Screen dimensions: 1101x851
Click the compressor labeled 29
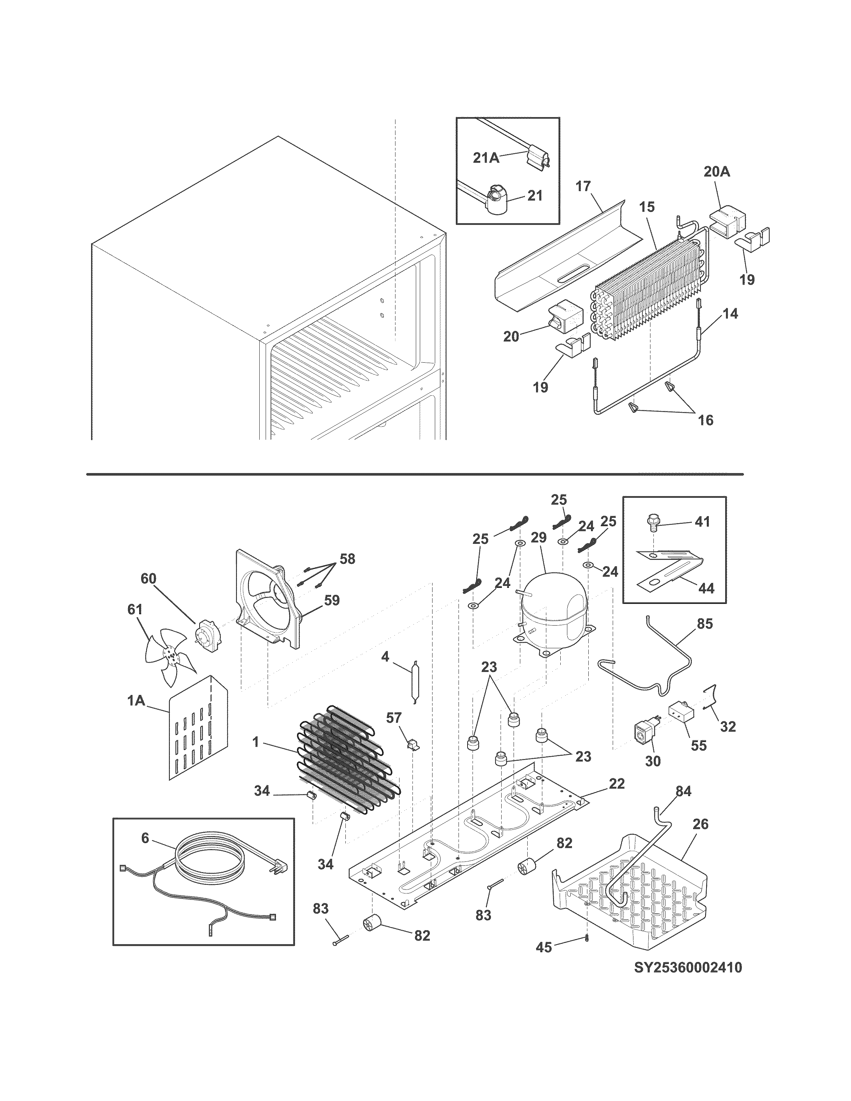click(555, 610)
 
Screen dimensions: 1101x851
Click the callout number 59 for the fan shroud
click(331, 601)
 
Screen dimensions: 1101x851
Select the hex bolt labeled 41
click(653, 525)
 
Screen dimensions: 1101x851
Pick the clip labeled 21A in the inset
click(537, 159)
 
